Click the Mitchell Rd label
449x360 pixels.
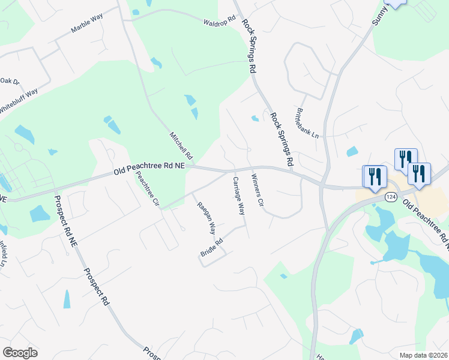click(181, 145)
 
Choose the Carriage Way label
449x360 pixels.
click(239, 196)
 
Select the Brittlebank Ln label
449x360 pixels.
click(306, 122)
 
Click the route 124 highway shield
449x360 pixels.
click(391, 197)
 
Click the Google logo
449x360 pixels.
click(20, 353)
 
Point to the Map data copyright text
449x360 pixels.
click(423, 355)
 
